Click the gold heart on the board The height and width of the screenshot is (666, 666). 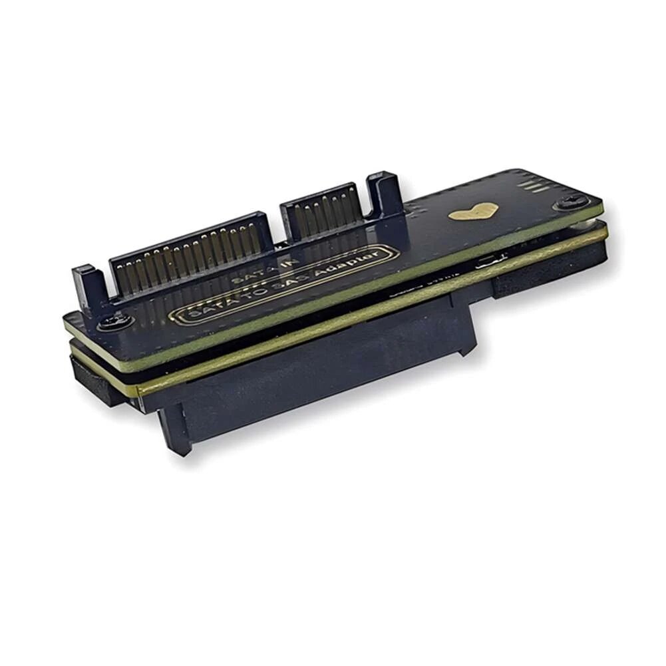point(474,212)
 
